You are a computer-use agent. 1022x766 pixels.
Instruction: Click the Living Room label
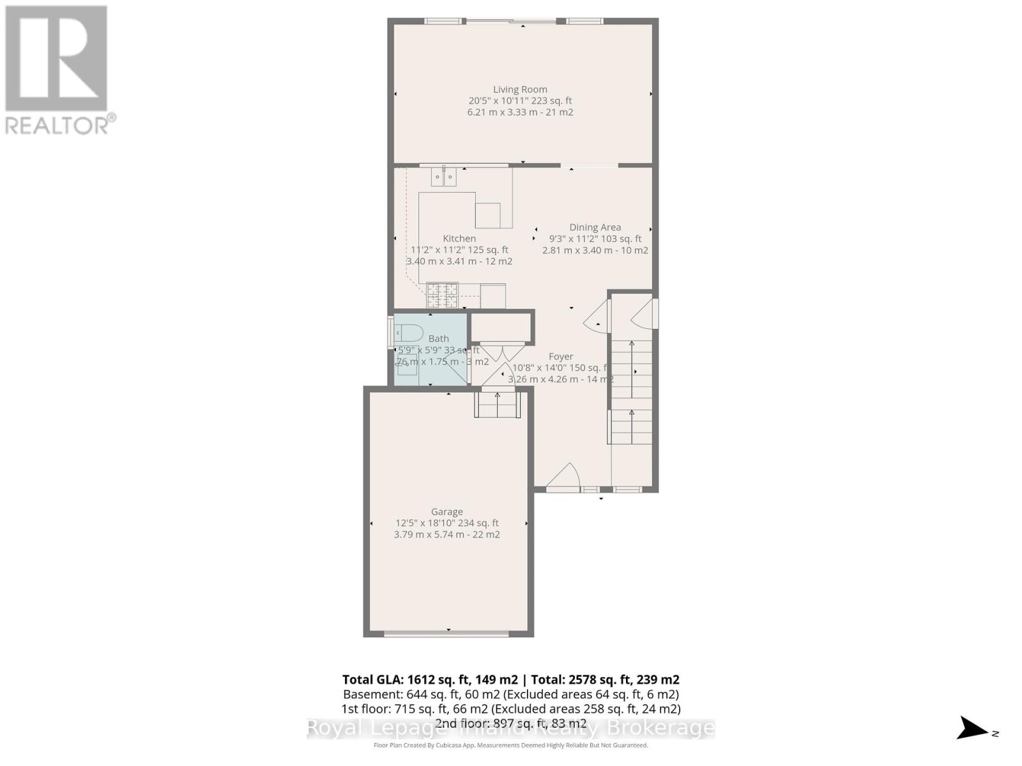[x=520, y=89]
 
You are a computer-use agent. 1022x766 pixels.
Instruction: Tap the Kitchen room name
[x=459, y=238]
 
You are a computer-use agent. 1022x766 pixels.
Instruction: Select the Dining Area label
[x=595, y=227]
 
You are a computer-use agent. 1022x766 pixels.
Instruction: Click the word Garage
[x=446, y=511]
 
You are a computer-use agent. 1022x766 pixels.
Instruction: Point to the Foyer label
[x=561, y=356]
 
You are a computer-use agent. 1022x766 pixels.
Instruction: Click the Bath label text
[x=438, y=338]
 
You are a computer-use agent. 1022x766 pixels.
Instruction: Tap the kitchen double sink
[x=443, y=176]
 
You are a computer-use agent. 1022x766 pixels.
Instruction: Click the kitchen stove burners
[x=442, y=296]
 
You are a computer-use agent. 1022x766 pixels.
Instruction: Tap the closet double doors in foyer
[x=502, y=352]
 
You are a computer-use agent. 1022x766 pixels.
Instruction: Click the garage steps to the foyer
[x=498, y=405]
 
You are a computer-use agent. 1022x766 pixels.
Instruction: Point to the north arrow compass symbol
[x=973, y=728]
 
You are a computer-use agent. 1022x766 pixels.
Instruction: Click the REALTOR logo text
[x=60, y=124]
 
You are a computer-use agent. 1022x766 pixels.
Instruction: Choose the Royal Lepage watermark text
[x=510, y=728]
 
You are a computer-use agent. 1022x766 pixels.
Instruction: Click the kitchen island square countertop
[x=487, y=215]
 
